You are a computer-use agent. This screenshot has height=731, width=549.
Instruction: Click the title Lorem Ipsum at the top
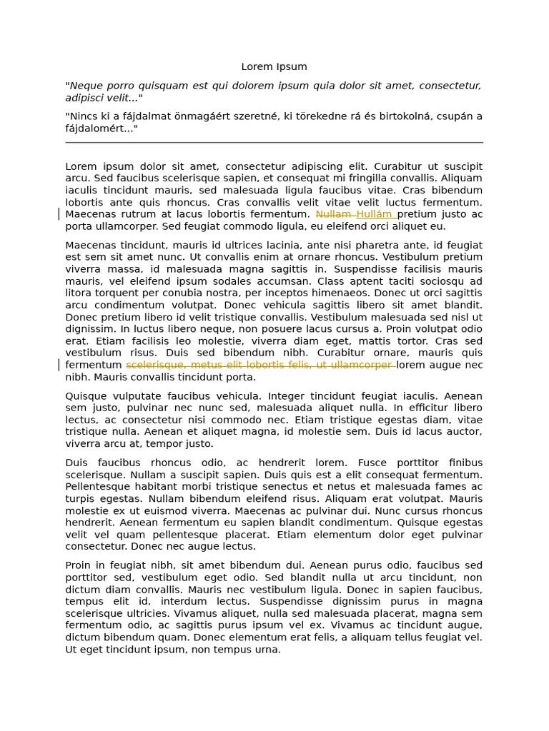point(274,66)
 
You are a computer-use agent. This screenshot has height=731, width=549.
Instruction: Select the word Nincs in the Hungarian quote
point(84,116)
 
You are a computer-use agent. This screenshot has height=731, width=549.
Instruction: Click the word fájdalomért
point(99,128)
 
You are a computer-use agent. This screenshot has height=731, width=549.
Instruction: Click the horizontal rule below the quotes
point(274,143)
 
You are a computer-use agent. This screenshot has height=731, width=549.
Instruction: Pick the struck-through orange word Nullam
point(334,214)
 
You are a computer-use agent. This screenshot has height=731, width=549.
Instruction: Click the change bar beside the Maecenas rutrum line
point(59,214)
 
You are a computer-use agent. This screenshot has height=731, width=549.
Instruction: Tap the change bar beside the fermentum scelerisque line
point(59,365)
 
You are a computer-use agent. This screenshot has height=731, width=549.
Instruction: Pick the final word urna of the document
point(267,650)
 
